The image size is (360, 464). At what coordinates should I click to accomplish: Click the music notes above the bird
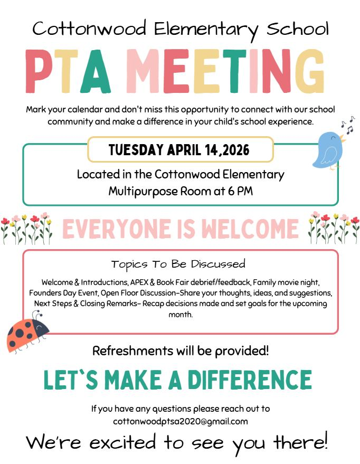[347, 125]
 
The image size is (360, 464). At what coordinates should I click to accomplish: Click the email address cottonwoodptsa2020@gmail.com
[180, 421]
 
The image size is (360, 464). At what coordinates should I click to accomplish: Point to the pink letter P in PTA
[39, 72]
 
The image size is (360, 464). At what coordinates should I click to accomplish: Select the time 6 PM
[240, 191]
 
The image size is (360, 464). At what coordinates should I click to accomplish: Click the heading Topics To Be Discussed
[178, 263]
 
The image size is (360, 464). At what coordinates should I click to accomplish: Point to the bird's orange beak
[344, 140]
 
